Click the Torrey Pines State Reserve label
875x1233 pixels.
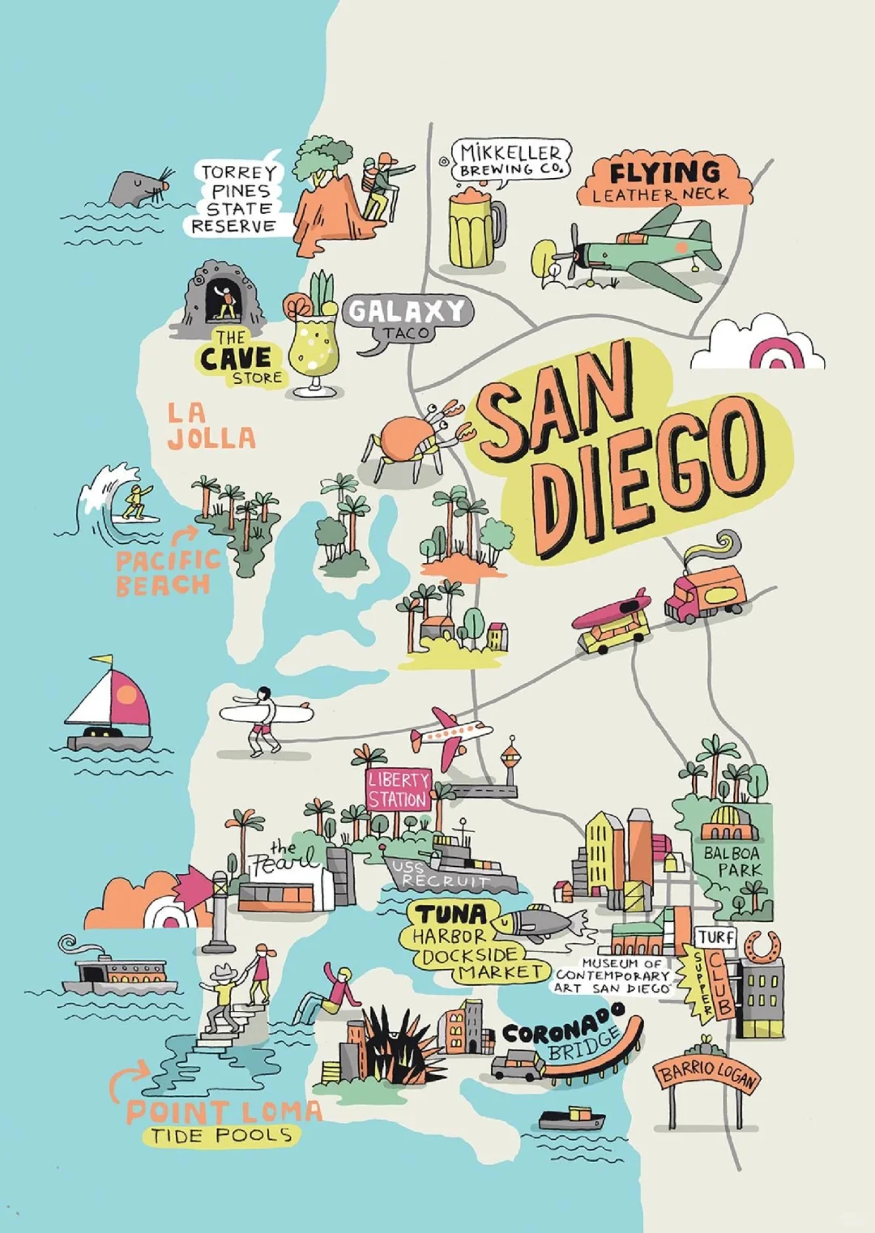[237, 198]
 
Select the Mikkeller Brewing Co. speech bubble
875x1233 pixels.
[510, 160]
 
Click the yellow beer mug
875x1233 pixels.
[475, 230]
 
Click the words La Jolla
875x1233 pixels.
[211, 426]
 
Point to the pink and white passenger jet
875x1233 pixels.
[449, 736]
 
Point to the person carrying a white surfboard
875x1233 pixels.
[264, 716]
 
